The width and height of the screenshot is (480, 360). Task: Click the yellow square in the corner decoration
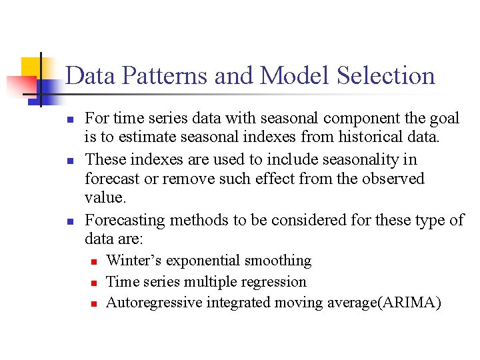31,67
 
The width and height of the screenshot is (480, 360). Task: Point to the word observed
392,179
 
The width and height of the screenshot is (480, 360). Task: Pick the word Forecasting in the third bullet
127,220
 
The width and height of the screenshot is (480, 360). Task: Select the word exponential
205,261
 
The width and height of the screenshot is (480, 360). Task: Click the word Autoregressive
154,303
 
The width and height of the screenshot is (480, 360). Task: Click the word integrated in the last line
237,303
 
